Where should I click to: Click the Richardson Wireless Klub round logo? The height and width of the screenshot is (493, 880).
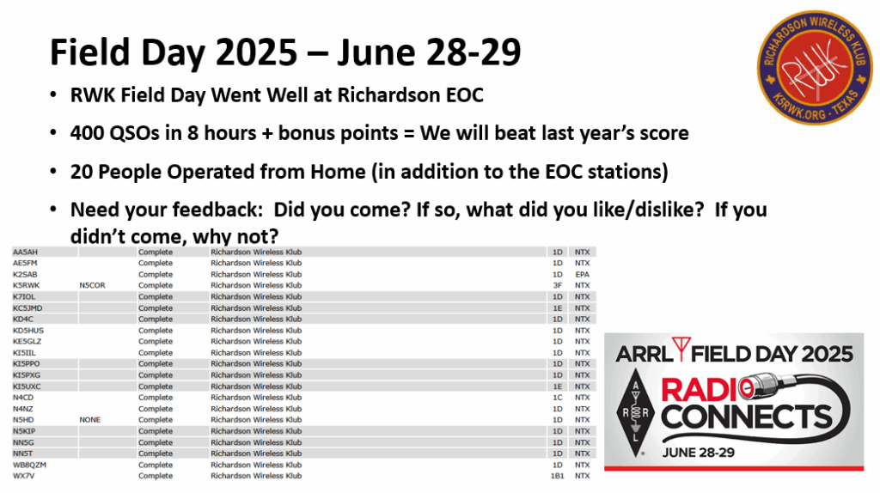pos(815,67)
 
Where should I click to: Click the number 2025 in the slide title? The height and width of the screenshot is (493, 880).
pos(256,52)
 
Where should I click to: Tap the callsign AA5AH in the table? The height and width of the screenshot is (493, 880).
pos(25,252)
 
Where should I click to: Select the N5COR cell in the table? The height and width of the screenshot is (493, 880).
pos(92,285)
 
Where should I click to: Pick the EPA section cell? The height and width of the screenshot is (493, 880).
pos(582,274)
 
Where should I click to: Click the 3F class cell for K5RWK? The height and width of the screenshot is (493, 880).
pos(557,285)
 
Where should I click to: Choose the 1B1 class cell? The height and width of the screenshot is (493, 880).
pos(557,476)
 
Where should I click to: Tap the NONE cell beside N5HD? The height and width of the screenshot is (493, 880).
pos(89,419)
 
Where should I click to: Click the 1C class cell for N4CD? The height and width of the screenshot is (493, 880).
pos(557,397)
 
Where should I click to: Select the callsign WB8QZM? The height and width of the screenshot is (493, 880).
pos(30,465)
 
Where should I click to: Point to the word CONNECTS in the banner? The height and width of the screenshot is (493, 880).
pos(747,417)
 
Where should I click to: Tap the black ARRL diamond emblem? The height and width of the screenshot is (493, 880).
pos(635,412)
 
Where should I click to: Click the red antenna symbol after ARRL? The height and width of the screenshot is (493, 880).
pos(681,349)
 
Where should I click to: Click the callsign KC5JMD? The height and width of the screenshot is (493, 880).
pos(27,308)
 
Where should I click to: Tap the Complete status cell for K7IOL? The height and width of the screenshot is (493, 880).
pos(156,296)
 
